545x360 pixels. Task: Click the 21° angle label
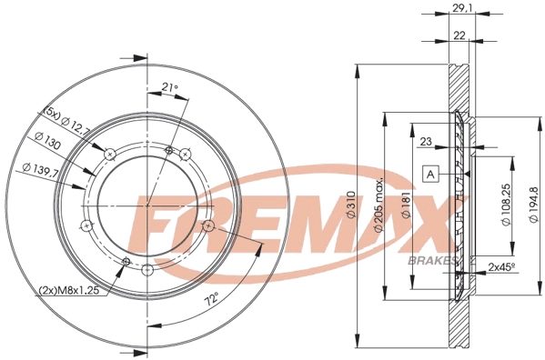pos(168,87)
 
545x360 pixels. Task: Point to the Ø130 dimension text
pos(47,142)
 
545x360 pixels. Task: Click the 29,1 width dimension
pos(461,8)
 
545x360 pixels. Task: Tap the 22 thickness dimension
pos(460,35)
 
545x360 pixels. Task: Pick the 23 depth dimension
pos(428,142)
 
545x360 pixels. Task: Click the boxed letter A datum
pos(430,173)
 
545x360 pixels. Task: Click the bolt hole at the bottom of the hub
pos(147,268)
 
